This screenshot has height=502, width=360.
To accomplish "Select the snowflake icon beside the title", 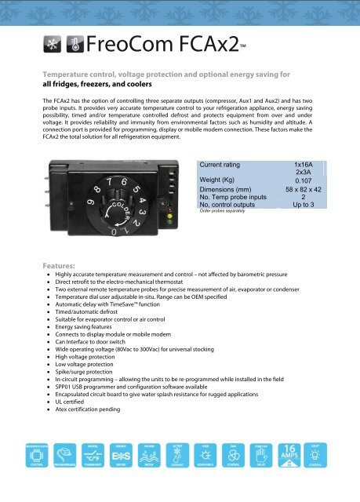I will [x=52, y=43].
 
